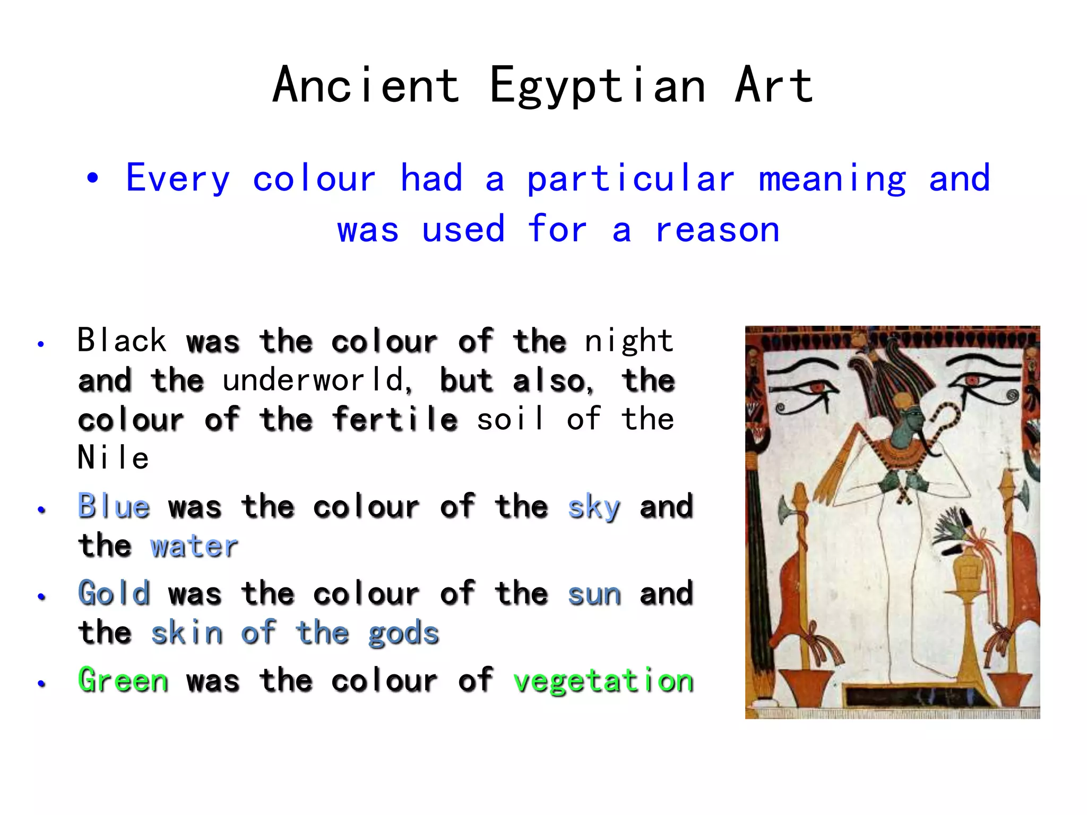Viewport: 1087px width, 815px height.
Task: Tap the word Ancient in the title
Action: [x=366, y=86]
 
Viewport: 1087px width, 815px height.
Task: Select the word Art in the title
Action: [x=773, y=86]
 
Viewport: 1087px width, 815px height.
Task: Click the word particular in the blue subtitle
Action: [x=631, y=179]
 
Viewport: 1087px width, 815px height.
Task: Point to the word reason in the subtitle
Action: [x=718, y=230]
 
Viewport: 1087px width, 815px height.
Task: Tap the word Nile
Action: [x=113, y=458]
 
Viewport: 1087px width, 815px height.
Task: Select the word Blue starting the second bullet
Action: [x=114, y=506]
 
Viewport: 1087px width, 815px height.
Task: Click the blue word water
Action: [x=194, y=546]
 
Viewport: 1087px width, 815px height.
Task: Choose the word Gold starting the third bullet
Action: [x=114, y=593]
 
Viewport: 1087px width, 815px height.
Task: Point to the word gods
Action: [x=403, y=634]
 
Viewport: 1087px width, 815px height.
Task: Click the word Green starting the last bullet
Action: [x=123, y=680]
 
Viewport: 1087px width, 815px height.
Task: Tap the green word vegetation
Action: [x=603, y=681]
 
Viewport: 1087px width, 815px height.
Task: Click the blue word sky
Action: [x=594, y=507]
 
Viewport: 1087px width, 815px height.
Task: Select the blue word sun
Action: [x=594, y=594]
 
